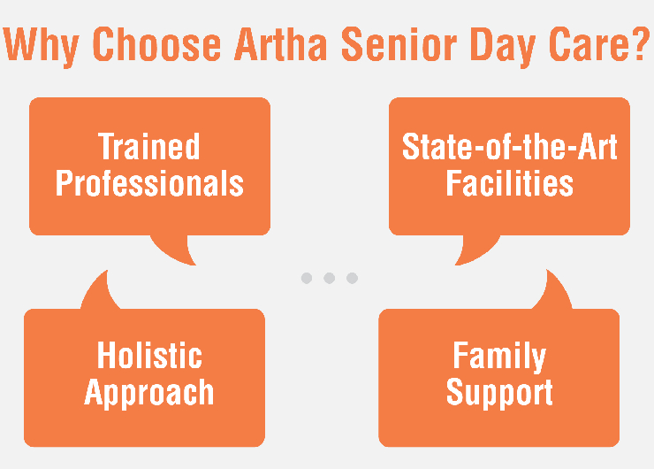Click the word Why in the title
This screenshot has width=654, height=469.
46,46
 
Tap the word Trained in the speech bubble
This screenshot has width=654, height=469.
149,147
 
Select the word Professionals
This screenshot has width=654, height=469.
149,183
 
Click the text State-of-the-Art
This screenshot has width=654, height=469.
510,147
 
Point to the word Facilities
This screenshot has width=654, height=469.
510,183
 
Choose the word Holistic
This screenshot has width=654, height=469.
149,356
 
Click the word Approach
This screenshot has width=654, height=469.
149,392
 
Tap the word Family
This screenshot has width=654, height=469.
499,356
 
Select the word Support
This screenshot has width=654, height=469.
499,392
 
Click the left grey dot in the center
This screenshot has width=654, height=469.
306,278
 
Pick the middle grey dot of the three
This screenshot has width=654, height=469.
329,278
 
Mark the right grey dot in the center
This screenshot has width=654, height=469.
352,278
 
